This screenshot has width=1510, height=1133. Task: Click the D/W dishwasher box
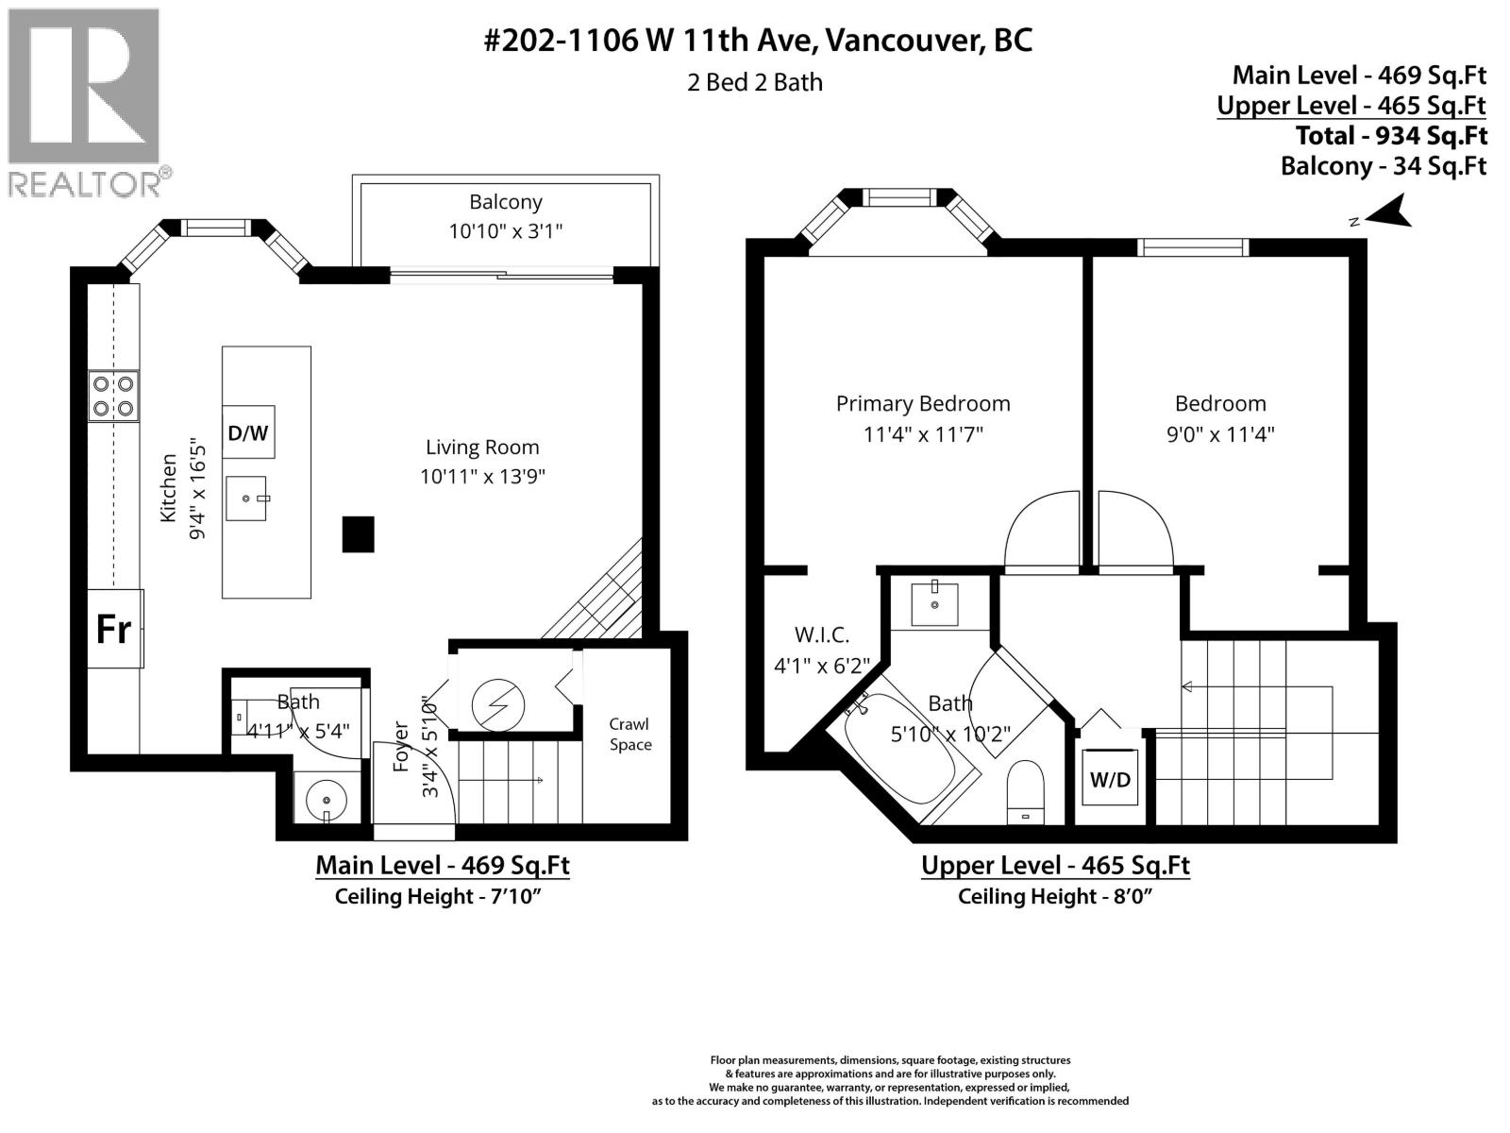[x=248, y=433]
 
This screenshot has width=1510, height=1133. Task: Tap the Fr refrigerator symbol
[x=114, y=629]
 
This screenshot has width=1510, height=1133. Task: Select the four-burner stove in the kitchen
[x=113, y=396]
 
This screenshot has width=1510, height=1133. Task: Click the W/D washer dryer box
[x=1110, y=779]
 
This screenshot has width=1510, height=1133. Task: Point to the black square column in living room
[x=358, y=533]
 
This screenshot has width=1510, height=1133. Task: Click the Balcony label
[x=506, y=202]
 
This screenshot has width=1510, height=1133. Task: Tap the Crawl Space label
[x=629, y=734]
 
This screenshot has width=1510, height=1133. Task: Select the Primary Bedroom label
[x=923, y=404]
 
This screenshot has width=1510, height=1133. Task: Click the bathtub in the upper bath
[x=903, y=755]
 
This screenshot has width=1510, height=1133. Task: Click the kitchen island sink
[x=247, y=498]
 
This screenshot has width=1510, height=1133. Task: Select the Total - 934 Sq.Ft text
[x=1391, y=136]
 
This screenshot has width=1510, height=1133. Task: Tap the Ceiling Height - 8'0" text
[x=1055, y=896]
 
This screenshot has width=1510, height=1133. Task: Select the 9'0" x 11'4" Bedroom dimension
[x=1220, y=434]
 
